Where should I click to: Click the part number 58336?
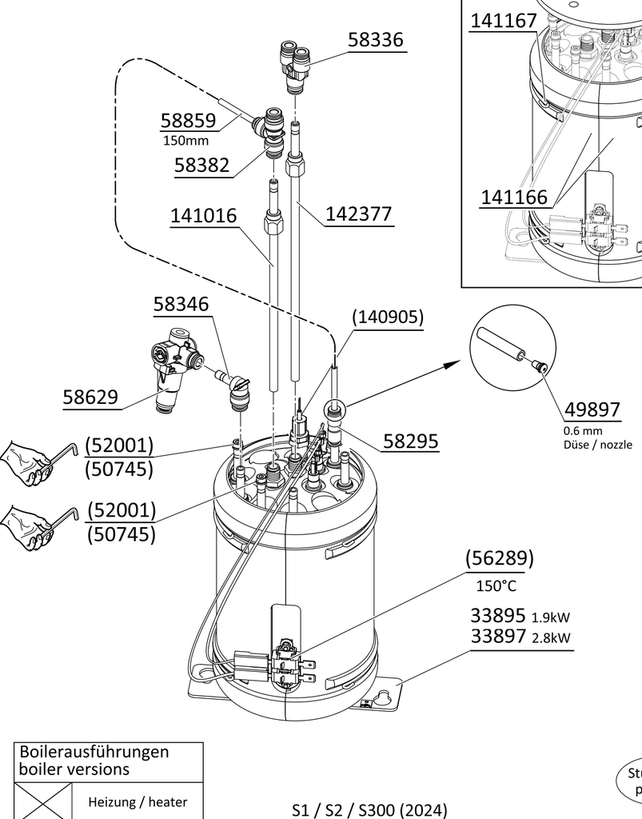click(x=375, y=40)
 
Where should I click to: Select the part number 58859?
click(x=188, y=121)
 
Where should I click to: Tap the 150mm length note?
click(x=185, y=141)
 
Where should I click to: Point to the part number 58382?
click(x=201, y=166)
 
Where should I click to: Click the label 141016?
click(x=203, y=216)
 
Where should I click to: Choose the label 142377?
click(x=359, y=214)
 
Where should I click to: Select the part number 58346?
click(x=181, y=304)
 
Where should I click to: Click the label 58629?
click(x=90, y=397)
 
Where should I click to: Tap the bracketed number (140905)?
click(x=388, y=317)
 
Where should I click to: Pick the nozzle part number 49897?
click(x=592, y=409)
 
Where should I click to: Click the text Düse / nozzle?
click(x=597, y=445)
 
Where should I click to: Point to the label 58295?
click(x=410, y=441)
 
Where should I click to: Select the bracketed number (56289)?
click(x=500, y=558)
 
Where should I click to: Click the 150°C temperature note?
click(x=496, y=586)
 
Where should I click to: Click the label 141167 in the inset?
click(x=503, y=21)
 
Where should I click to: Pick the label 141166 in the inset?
click(x=514, y=197)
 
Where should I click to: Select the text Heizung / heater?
click(x=138, y=801)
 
